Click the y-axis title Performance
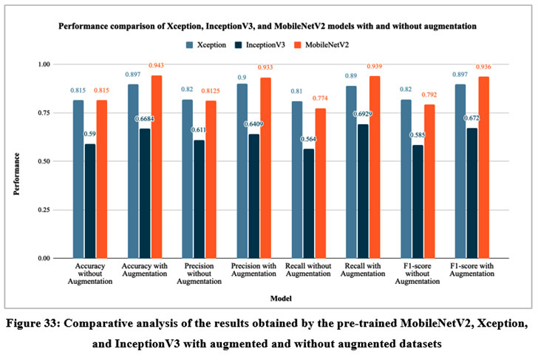pyautogui.click(x=16, y=161)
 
